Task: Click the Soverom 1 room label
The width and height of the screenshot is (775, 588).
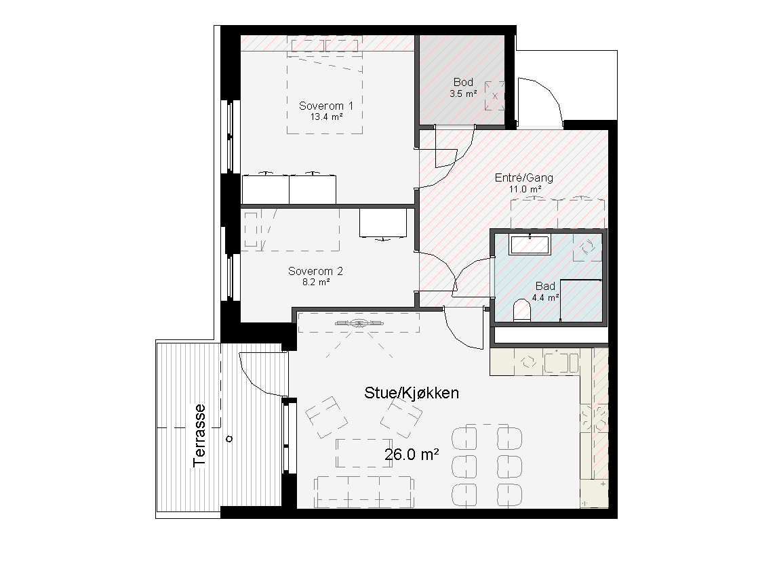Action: [x=325, y=106]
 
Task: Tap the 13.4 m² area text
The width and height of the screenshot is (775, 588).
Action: [x=326, y=117]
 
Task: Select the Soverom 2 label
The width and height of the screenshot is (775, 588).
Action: [x=315, y=271]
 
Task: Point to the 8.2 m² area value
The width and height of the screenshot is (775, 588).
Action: [x=316, y=282]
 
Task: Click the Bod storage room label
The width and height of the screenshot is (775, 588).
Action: [x=463, y=82]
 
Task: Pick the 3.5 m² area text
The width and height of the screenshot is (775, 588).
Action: [x=463, y=93]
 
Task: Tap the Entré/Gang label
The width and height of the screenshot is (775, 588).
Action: [x=524, y=177]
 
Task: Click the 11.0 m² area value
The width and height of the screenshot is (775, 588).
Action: [x=525, y=189]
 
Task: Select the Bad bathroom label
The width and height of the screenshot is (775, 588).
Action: [x=545, y=286]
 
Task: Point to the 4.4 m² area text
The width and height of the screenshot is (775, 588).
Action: [x=545, y=297]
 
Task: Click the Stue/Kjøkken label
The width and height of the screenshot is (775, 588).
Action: [x=412, y=393]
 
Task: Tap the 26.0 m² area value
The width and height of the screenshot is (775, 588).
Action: [x=412, y=454]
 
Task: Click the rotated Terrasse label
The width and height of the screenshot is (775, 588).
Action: [x=199, y=436]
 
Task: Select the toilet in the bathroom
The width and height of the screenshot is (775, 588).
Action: [x=522, y=310]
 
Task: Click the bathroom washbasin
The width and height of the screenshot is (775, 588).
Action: [x=530, y=245]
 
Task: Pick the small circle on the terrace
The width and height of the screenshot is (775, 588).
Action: [x=229, y=438]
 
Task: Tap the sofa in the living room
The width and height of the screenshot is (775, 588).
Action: [x=364, y=492]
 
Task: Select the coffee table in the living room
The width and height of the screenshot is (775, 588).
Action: [x=364, y=453]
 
